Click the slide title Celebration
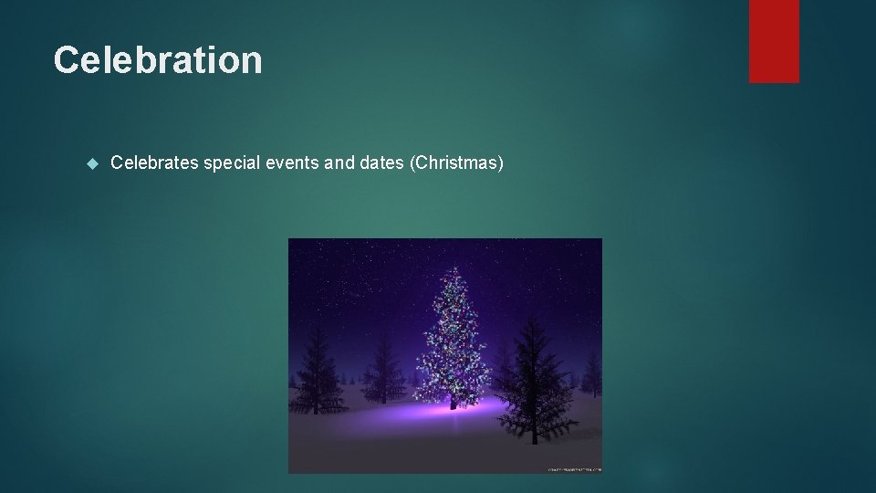coord(158,60)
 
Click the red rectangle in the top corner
coord(774,41)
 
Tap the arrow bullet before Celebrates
coord(90,164)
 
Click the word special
coord(233,163)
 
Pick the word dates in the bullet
coord(383,163)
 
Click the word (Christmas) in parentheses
coord(456,163)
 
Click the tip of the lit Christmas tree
coord(454,267)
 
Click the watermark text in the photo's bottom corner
coord(574,469)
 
